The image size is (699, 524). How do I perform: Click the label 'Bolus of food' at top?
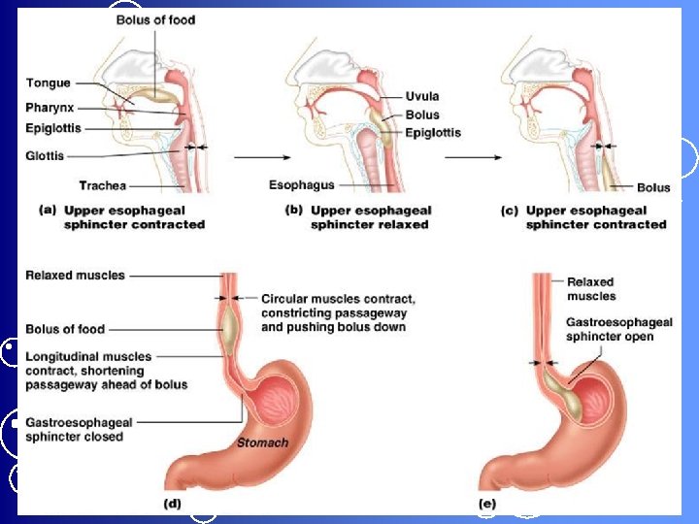click(155, 18)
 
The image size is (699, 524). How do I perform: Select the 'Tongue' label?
click(48, 82)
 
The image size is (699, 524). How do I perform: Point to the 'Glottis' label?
click(45, 155)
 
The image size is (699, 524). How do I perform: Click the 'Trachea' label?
click(101, 185)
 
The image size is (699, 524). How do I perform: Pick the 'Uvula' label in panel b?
click(423, 96)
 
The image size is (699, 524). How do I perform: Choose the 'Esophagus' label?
click(302, 184)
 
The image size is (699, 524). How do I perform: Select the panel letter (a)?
click(46, 211)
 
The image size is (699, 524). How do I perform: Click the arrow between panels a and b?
click(255, 156)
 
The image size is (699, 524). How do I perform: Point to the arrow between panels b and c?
click(472, 156)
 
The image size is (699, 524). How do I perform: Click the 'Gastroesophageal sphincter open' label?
click(611, 329)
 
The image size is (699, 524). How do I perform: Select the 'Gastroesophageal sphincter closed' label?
click(79, 430)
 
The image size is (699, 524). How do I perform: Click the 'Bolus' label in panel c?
click(653, 186)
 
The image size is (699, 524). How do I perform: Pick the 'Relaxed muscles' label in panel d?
click(75, 276)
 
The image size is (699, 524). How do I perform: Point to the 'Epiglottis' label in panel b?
click(433, 133)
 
